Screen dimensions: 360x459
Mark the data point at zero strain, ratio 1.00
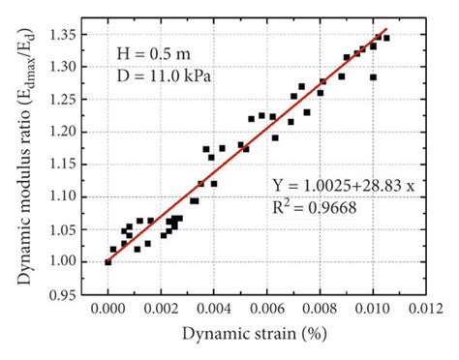pyautogui.click(x=107, y=262)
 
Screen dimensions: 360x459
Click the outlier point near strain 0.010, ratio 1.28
pyautogui.click(x=373, y=77)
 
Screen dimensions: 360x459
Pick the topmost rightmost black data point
pyautogui.click(x=386, y=38)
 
